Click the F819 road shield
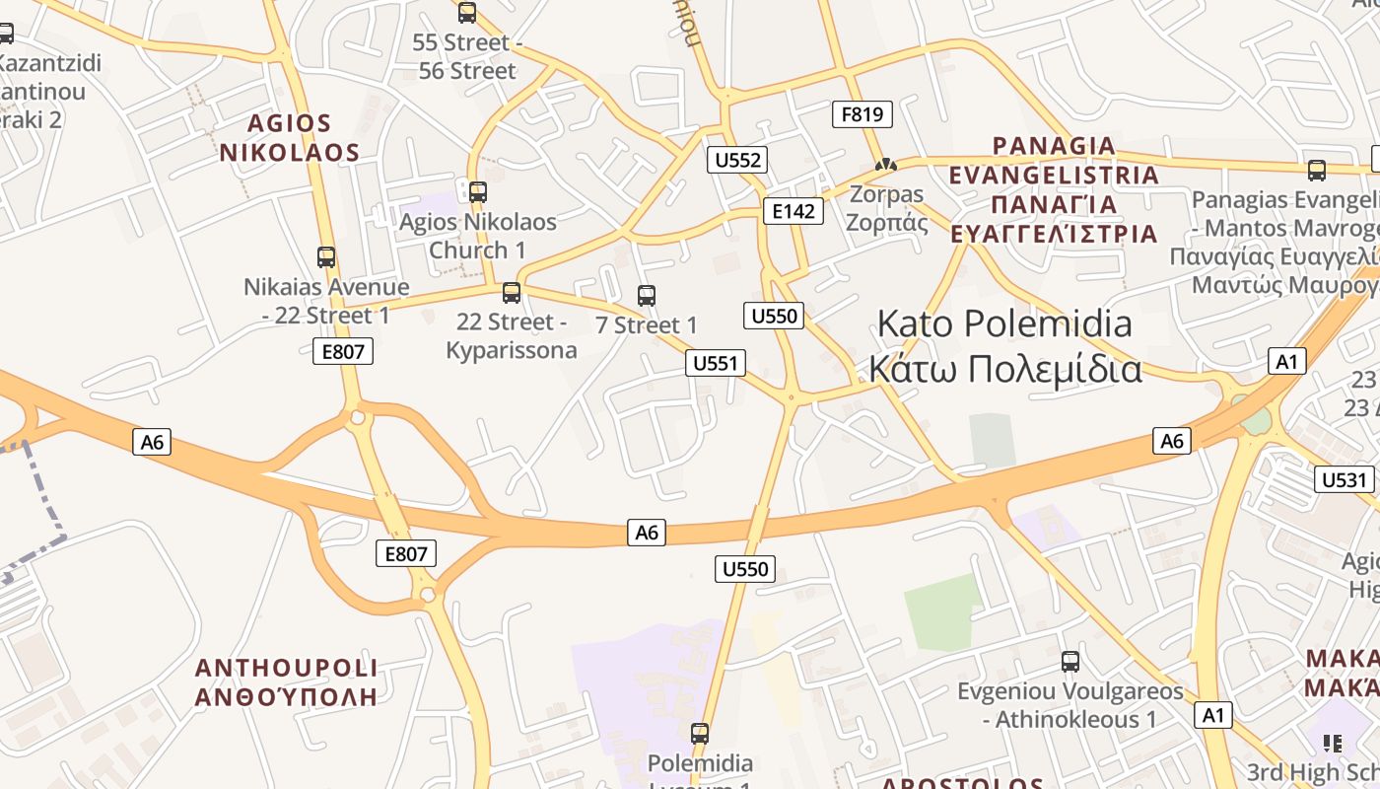tap(862, 114)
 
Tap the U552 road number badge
tap(736, 160)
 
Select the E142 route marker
tap(793, 210)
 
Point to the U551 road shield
tap(716, 363)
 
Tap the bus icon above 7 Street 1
tap(647, 295)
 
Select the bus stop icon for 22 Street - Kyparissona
tap(511, 292)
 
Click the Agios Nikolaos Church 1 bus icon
tap(478, 191)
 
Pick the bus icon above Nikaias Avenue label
tap(326, 257)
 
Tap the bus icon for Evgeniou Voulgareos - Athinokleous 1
tap(1070, 662)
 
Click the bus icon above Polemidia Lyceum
tap(700, 733)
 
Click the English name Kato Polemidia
tap(1004, 323)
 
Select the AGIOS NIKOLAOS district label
tap(289, 138)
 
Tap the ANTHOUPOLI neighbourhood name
tap(286, 668)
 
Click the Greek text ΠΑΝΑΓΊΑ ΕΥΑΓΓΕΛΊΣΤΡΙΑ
tap(1054, 219)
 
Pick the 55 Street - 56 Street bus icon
tap(467, 13)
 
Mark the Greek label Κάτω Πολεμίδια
tap(1004, 369)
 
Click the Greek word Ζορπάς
tap(887, 222)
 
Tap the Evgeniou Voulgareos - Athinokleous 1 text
tap(1070, 705)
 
